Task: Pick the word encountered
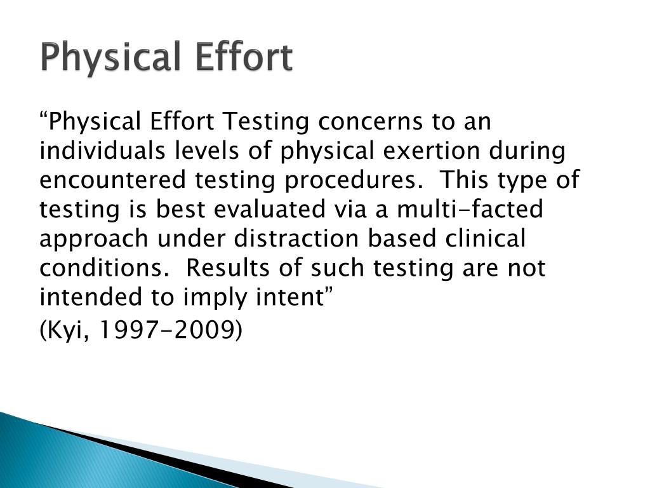(x=109, y=180)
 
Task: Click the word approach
(x=95, y=239)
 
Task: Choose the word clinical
(x=486, y=239)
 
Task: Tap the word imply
(x=216, y=297)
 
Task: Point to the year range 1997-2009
(x=171, y=330)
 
